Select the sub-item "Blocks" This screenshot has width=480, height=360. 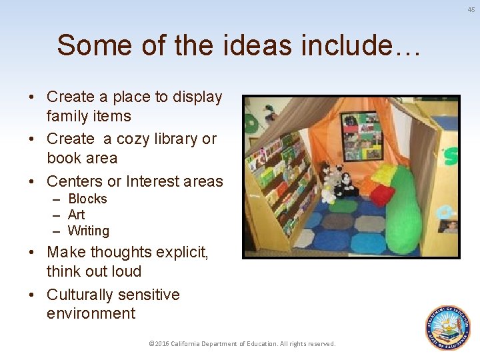click(x=87, y=199)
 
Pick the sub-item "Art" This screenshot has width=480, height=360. click(x=77, y=215)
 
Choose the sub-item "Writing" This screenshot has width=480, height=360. click(x=89, y=231)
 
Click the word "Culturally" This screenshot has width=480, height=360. click(x=81, y=295)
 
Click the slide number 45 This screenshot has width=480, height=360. click(x=470, y=9)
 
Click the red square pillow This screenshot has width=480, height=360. click(x=383, y=195)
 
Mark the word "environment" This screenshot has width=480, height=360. click(x=91, y=313)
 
